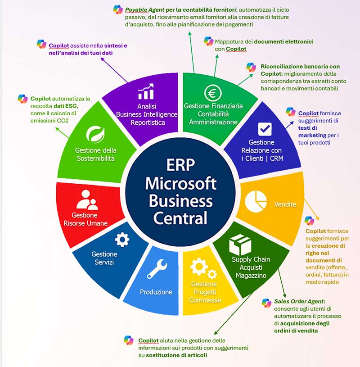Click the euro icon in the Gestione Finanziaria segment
[212, 92]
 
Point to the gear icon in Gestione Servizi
[122, 240]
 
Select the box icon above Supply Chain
[240, 245]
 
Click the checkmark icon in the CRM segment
[264, 128]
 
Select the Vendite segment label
[285, 204]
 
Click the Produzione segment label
[156, 292]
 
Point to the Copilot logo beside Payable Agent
[118, 9]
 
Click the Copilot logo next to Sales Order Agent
[266, 303]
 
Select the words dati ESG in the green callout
[66, 106]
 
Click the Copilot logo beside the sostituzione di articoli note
[129, 340]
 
